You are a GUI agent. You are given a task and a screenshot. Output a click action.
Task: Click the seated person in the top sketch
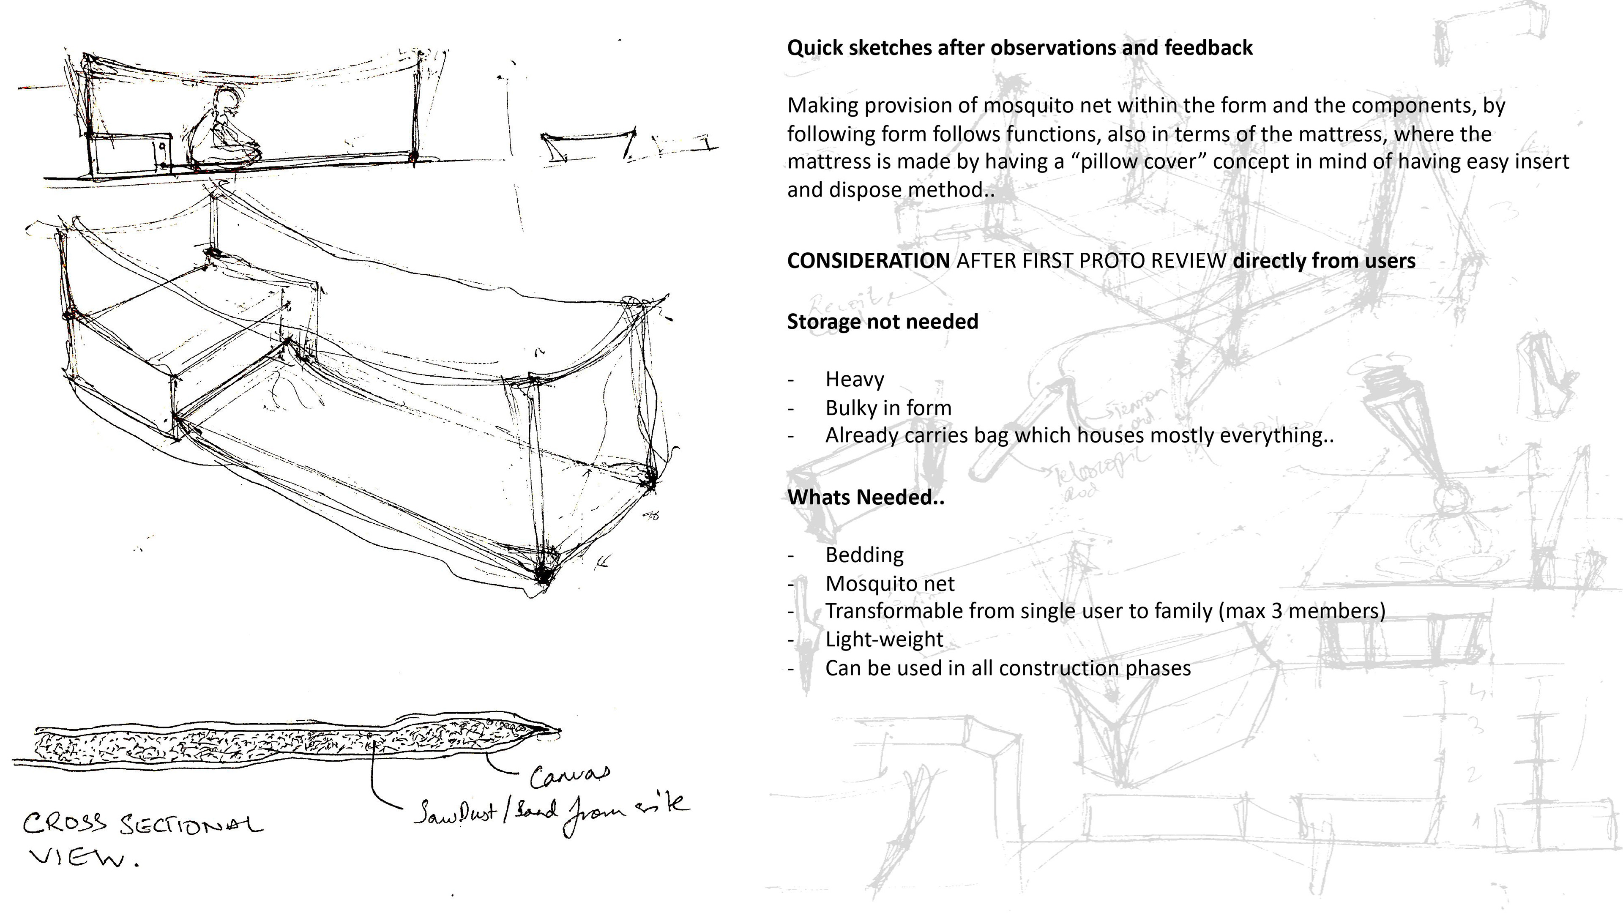(221, 132)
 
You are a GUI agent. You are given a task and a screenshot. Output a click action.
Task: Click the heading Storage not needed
(882, 321)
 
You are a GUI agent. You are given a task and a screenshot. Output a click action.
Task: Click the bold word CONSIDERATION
(868, 261)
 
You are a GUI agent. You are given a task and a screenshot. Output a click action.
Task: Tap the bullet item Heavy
(854, 379)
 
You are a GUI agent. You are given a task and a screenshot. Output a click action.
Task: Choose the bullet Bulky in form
(888, 407)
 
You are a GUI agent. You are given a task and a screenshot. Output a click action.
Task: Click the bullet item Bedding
(864, 555)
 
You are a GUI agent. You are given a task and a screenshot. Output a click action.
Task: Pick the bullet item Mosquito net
(890, 583)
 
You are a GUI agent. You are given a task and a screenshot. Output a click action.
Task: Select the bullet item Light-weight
(884, 640)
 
